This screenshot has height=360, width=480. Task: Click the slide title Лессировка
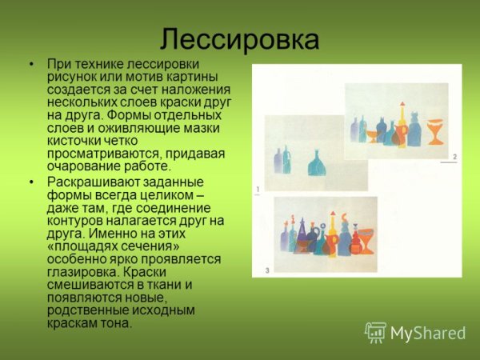pyautogui.click(x=239, y=39)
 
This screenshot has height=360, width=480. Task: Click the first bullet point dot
pyautogui.click(x=31, y=63)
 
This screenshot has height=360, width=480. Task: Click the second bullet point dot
pyautogui.click(x=31, y=182)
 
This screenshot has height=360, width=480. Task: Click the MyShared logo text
pyautogui.click(x=428, y=333)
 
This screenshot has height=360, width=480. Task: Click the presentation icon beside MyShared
pyautogui.click(x=375, y=333)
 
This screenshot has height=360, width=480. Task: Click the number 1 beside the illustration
pyautogui.click(x=258, y=190)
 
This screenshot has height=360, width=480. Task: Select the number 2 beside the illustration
pyautogui.click(x=454, y=157)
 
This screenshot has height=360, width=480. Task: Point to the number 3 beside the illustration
pyautogui.click(x=267, y=270)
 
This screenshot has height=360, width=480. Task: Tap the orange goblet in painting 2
pyautogui.click(x=434, y=130)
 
